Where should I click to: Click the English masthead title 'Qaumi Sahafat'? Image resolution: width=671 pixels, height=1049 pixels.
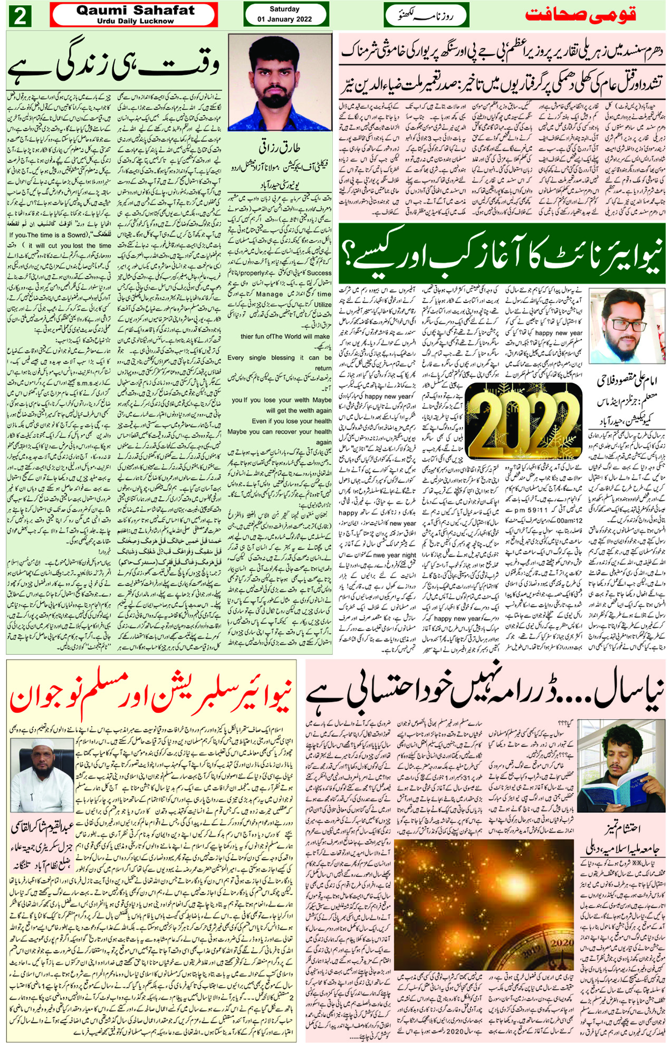pyautogui.click(x=135, y=10)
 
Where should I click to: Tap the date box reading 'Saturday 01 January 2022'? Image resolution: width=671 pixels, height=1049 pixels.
pyautogui.click(x=285, y=14)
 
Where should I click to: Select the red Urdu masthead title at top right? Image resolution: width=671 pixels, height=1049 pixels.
pyautogui.click(x=580, y=15)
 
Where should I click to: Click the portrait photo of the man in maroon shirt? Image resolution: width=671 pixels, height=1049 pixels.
pyautogui.click(x=280, y=82)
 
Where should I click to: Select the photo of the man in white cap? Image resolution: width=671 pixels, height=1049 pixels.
pyautogui.click(x=42, y=767)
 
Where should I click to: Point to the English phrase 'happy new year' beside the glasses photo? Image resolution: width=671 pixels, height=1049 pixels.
pyautogui.click(x=559, y=333)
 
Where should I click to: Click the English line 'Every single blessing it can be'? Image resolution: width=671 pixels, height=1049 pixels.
pyautogui.click(x=280, y=358)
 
